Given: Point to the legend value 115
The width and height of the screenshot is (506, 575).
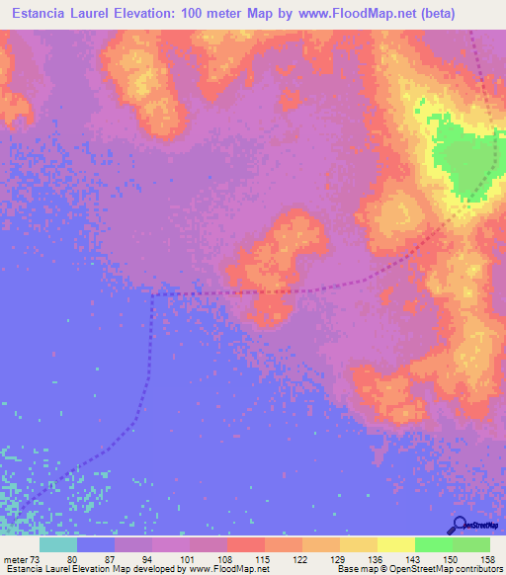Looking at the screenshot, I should (x=264, y=559).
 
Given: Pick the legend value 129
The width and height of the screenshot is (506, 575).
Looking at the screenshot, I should (x=339, y=559).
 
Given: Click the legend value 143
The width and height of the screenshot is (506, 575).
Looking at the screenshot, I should (x=414, y=559).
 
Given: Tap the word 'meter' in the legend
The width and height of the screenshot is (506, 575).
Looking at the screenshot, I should (x=15, y=559).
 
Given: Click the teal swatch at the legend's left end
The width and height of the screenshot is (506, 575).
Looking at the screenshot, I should (x=57, y=544).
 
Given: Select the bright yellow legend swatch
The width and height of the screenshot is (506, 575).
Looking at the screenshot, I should (x=395, y=544).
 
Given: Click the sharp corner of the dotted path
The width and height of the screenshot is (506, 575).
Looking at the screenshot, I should (x=152, y=294).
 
